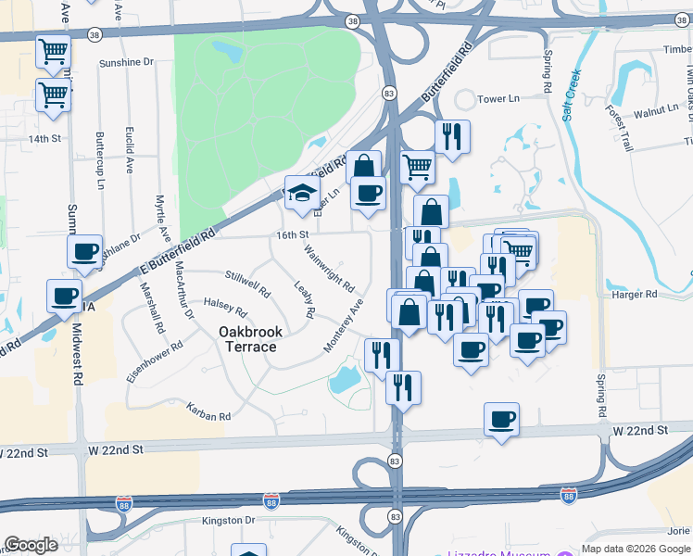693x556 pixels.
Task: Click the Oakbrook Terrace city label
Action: [x=247, y=339]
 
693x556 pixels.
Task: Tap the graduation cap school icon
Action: [x=302, y=193]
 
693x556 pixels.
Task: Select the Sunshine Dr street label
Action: [x=125, y=62]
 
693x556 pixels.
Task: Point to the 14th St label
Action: [x=44, y=139]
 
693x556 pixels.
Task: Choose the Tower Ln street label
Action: [x=498, y=98]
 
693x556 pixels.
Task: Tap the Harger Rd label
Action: [x=635, y=294]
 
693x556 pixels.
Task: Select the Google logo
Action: [x=31, y=545]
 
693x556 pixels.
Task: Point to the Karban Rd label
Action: [x=207, y=411]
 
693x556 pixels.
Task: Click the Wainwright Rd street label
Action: [x=329, y=264]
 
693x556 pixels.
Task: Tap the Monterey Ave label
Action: [x=342, y=324]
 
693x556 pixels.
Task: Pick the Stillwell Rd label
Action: [x=247, y=284]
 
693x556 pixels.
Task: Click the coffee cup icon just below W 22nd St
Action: [x=501, y=420]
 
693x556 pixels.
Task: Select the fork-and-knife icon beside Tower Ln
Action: [x=452, y=137]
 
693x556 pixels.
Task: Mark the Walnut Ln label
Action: [x=656, y=109]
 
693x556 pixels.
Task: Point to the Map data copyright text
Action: [x=635, y=549]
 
